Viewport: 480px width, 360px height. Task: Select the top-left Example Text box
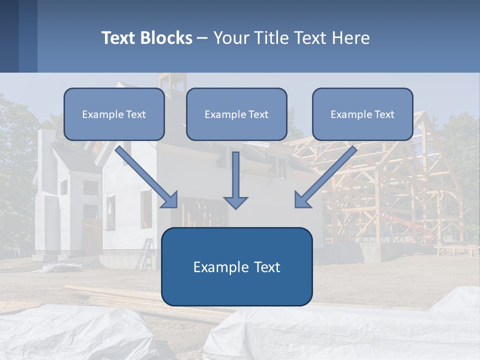coord(114,114)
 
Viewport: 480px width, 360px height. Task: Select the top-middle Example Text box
coord(236,114)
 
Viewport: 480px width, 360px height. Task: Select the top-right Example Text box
coord(362,114)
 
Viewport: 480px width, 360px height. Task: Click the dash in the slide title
coord(202,38)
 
